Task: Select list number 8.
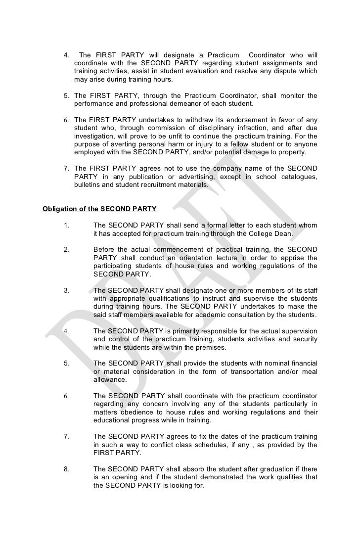[x=67, y=468]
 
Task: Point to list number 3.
[x=67, y=290]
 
